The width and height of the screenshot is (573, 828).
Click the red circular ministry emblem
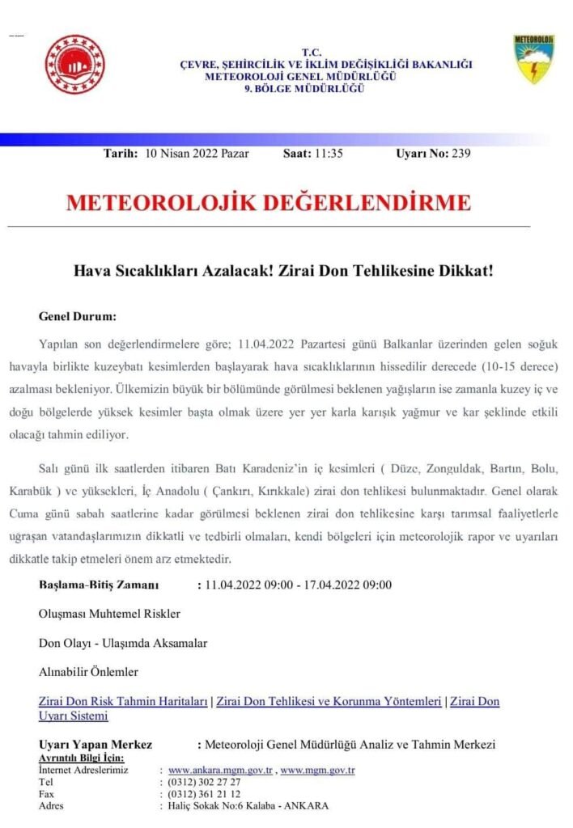[x=74, y=65]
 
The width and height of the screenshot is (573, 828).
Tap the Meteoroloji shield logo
[x=533, y=59]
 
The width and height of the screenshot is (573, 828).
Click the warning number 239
[x=461, y=154]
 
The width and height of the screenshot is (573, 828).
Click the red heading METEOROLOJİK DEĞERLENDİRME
[x=268, y=202]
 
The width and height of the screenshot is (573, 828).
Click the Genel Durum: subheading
[x=77, y=315]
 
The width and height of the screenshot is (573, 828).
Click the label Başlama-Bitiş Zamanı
[x=99, y=585]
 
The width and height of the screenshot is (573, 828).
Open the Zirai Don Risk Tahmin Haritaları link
[x=123, y=701]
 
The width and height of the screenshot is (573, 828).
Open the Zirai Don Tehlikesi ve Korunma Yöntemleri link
[x=329, y=701]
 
